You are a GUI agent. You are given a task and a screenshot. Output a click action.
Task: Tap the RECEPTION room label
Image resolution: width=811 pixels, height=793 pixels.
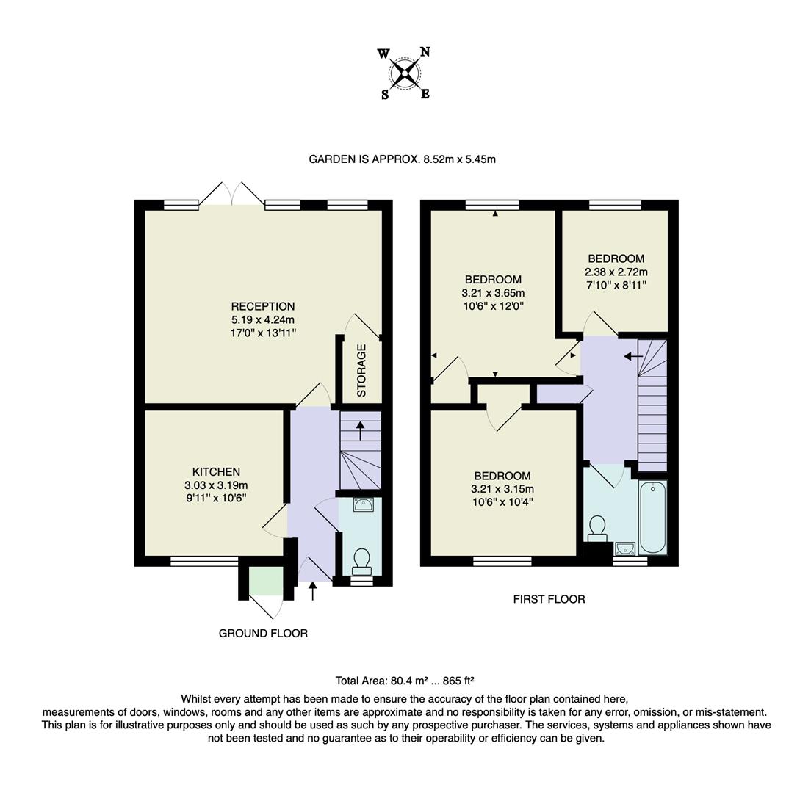click(x=262, y=306)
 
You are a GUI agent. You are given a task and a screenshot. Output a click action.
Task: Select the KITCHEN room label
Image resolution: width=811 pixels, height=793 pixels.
click(x=216, y=472)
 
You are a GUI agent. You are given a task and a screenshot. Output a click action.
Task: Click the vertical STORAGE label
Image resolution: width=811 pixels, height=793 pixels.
click(x=361, y=370)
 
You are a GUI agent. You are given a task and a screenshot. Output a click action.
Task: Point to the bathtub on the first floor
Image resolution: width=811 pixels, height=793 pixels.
click(x=652, y=517)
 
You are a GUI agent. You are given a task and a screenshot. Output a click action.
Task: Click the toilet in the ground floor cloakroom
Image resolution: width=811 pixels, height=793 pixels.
click(x=361, y=561)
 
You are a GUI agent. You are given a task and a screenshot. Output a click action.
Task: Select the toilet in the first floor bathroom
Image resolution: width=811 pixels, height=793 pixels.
click(x=597, y=528)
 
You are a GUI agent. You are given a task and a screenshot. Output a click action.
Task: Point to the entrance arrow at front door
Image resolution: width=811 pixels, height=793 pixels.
click(x=313, y=591)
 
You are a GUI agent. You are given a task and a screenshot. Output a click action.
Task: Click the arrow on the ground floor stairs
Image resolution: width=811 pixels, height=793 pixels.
click(x=360, y=430)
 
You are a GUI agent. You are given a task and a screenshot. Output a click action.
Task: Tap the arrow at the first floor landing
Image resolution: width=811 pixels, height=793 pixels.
click(x=632, y=357)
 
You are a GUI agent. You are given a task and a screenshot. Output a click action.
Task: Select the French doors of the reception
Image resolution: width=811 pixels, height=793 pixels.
click(x=231, y=194)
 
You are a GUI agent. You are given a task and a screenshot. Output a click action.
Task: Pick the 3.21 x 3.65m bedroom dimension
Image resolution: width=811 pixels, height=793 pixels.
click(x=493, y=292)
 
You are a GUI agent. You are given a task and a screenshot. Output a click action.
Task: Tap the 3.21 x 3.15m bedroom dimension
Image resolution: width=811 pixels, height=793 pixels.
click(x=502, y=489)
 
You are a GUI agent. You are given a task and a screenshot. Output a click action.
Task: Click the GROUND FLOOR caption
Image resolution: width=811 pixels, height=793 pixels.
click(x=263, y=633)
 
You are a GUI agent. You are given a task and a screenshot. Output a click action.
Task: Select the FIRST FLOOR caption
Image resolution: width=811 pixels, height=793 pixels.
click(x=549, y=599)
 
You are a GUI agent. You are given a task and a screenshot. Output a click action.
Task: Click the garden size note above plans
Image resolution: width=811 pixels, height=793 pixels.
click(x=402, y=159)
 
